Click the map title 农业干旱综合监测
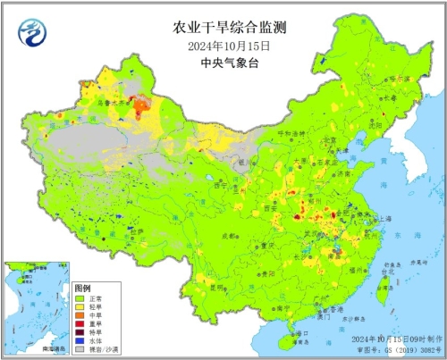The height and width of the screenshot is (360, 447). click(x=223, y=29)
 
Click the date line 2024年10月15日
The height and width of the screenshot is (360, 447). click(x=223, y=46)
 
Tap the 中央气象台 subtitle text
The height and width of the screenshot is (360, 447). click(x=223, y=63)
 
